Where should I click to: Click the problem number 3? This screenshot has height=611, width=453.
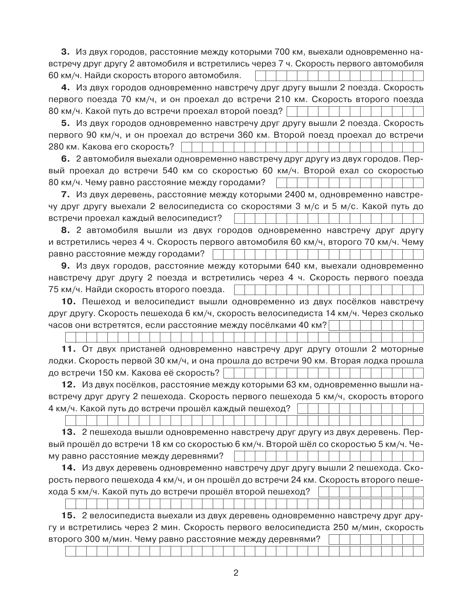point(66,52)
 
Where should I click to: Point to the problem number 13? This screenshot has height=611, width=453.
point(69,432)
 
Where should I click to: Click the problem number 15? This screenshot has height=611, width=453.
point(69,515)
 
